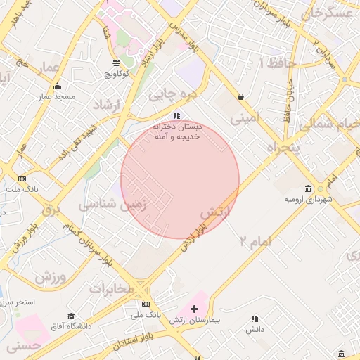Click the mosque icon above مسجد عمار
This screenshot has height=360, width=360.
(x=58, y=86)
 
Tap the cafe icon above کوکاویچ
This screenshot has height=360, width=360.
(x=117, y=62)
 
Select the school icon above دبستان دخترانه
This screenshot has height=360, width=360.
(x=177, y=115)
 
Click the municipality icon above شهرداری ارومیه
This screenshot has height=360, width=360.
(x=308, y=188)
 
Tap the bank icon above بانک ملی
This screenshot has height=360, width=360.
(x=146, y=304)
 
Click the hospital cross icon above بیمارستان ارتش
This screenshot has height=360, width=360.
(x=195, y=309)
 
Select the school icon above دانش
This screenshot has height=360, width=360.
(x=255, y=318)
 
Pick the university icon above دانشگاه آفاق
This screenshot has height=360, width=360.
(x=70, y=316)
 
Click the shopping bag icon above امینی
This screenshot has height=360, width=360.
(x=241, y=97)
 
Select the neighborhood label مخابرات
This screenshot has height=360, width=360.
(x=110, y=288)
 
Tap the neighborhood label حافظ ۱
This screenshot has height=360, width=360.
(x=279, y=63)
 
